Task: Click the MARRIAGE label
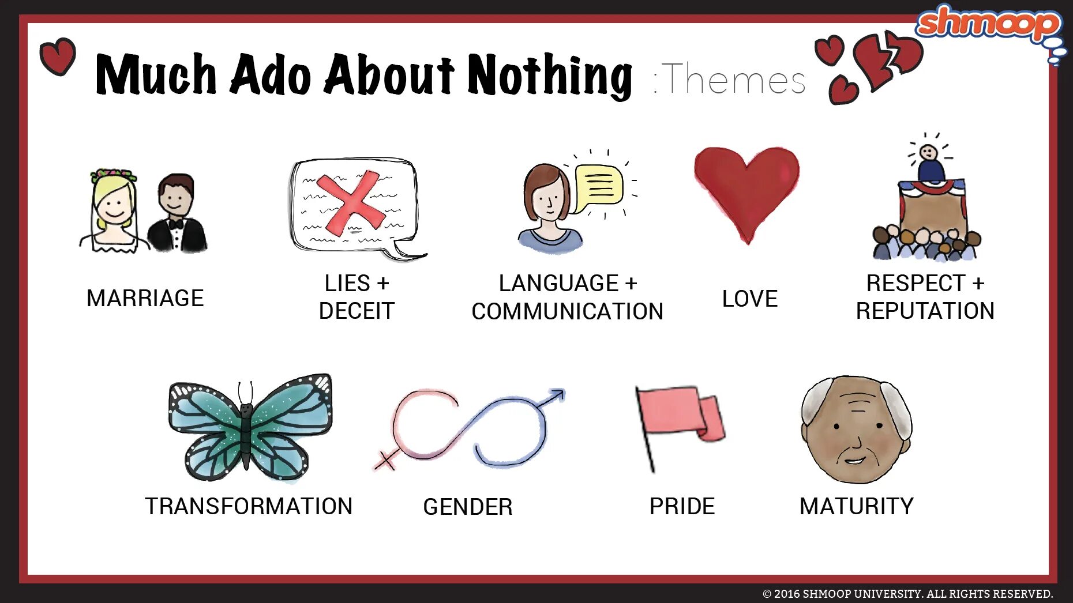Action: point(145,298)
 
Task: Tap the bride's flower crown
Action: point(113,174)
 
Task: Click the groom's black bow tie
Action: point(175,223)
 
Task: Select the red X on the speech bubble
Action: point(350,202)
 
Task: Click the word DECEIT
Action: point(357,311)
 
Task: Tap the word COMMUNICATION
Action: point(567,311)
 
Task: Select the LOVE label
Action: point(749,299)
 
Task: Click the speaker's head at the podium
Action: point(928,153)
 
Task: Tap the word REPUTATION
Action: point(925,311)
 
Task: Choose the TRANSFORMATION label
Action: point(249,506)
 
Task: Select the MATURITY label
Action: point(856,506)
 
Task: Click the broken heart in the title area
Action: point(887,58)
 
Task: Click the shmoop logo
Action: point(988,23)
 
